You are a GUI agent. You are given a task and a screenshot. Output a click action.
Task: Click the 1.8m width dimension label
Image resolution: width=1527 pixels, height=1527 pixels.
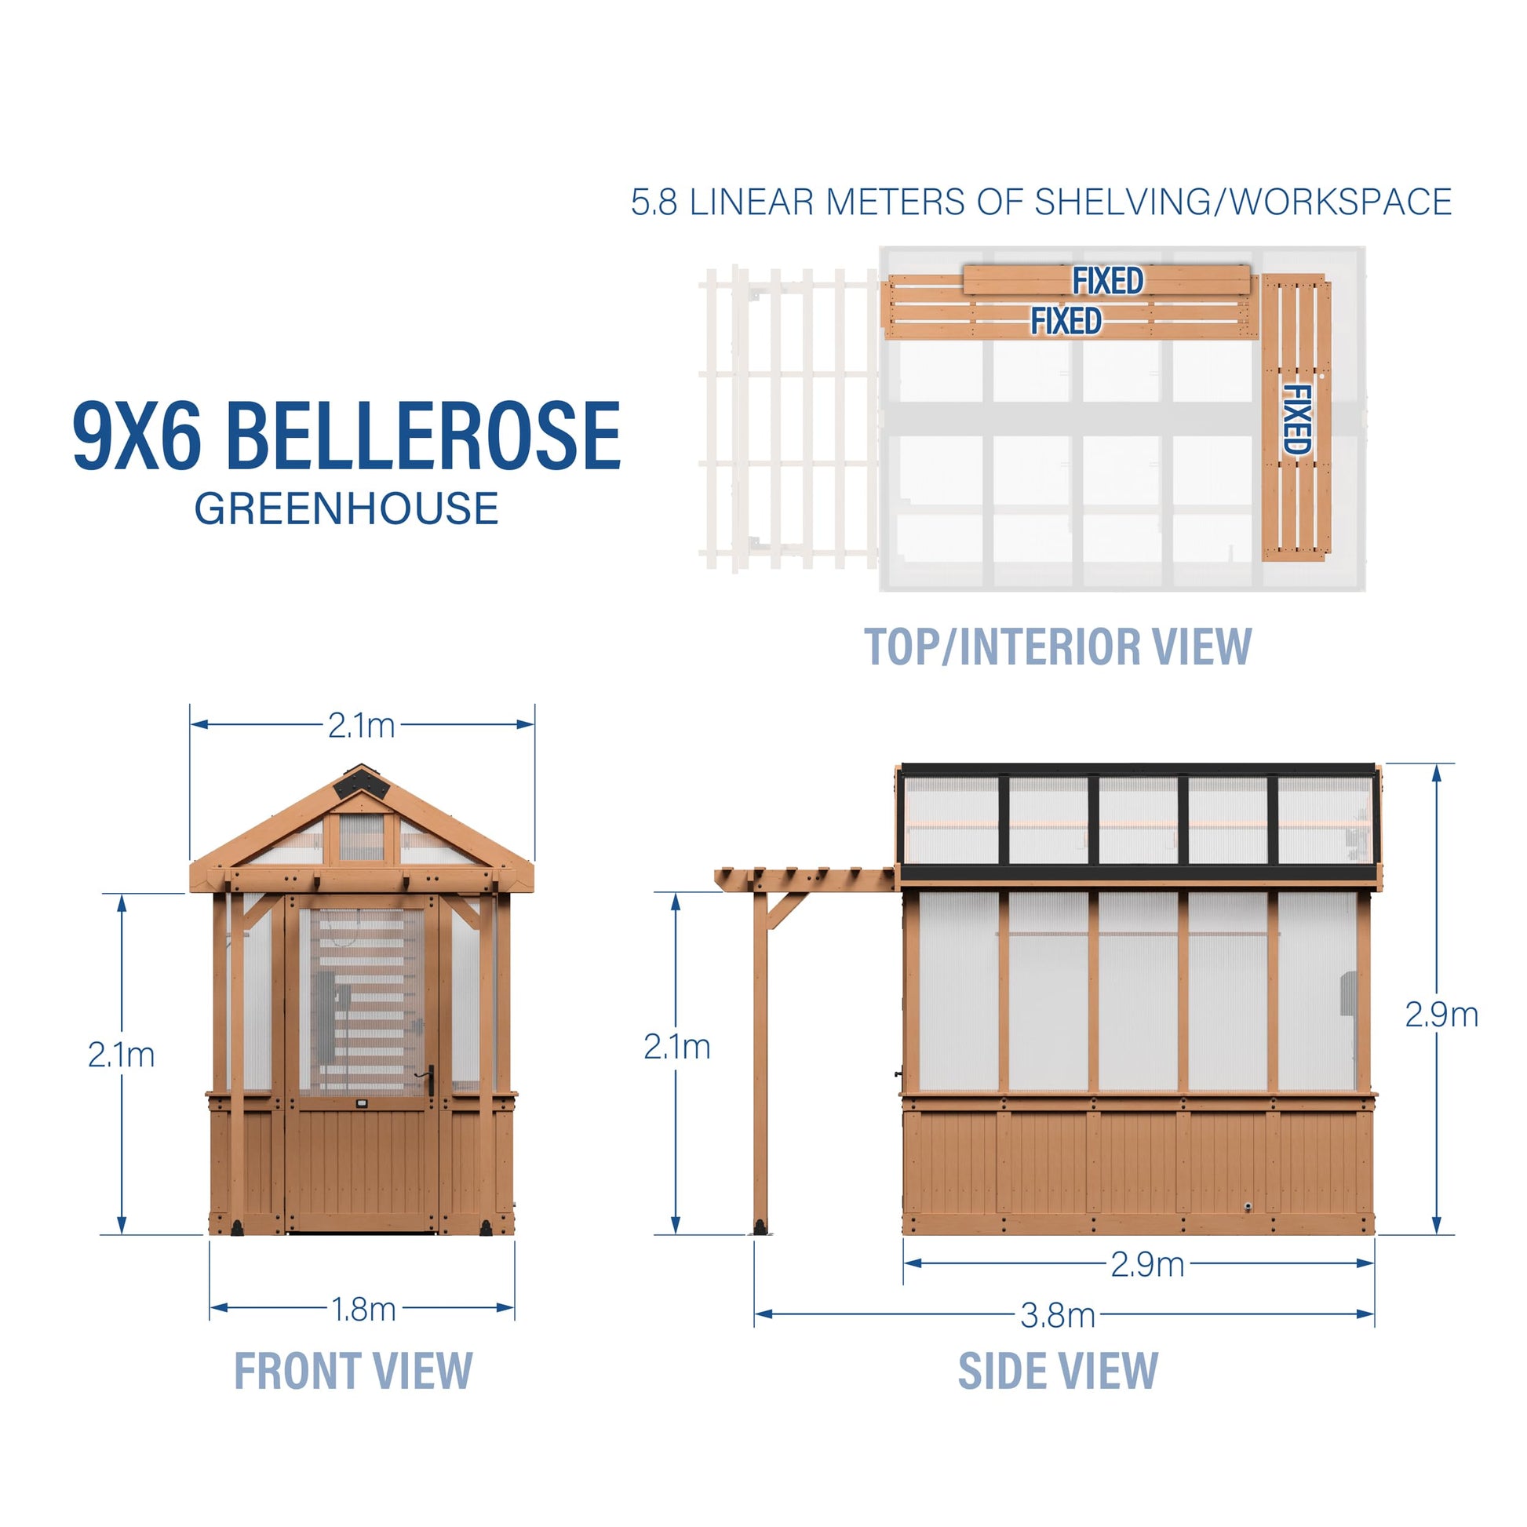(x=363, y=1310)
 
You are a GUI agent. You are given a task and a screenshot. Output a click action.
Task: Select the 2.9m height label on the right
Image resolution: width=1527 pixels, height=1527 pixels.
(x=1441, y=1015)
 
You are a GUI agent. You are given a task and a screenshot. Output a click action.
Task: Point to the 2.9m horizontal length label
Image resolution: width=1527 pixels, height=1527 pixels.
(x=1147, y=1265)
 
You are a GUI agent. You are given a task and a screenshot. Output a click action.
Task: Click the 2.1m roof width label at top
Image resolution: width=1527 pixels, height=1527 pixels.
(x=361, y=726)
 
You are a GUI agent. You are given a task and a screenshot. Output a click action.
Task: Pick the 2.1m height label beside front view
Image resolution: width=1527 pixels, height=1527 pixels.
(x=121, y=1055)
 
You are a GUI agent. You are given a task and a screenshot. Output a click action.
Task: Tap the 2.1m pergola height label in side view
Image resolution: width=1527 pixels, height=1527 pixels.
(x=676, y=1048)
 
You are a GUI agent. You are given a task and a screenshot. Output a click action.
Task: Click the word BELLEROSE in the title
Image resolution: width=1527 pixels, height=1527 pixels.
(x=424, y=436)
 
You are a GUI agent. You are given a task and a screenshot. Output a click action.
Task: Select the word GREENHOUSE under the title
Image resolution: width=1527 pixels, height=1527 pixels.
(x=346, y=508)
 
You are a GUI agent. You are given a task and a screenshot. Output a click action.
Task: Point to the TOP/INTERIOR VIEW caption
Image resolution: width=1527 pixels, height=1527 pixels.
(x=1058, y=647)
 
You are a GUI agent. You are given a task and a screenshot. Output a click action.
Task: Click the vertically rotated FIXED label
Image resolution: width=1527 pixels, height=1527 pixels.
(x=1296, y=420)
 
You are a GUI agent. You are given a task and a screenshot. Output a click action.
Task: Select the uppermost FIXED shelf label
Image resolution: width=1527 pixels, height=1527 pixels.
(x=1107, y=281)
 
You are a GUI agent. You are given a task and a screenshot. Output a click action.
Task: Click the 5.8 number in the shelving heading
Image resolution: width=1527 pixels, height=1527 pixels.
(x=654, y=202)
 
